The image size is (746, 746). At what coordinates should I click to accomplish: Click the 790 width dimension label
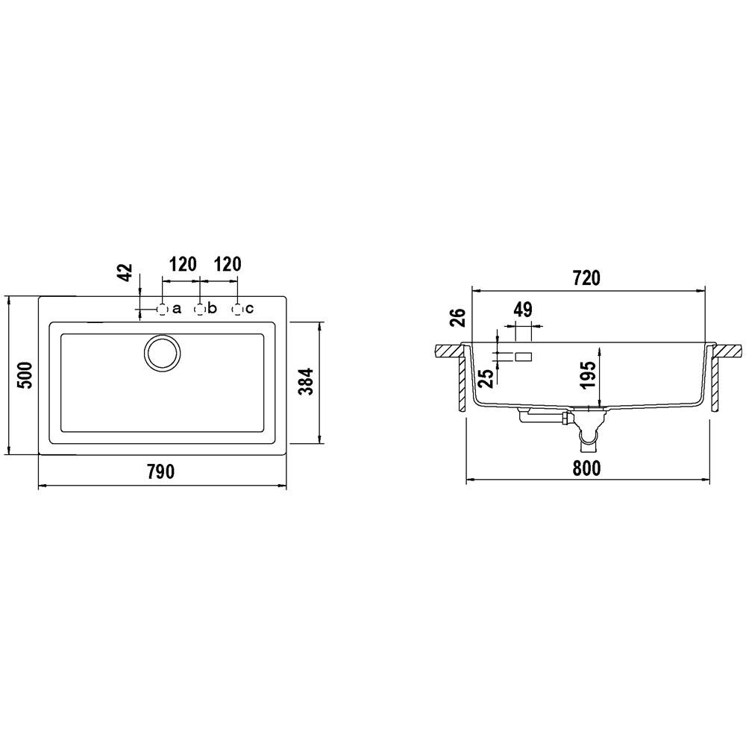tap(161, 471)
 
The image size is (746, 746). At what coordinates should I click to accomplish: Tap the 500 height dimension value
tap(25, 375)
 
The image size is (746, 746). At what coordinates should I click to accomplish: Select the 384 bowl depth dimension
tap(307, 381)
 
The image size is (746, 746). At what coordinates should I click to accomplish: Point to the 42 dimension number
tap(125, 272)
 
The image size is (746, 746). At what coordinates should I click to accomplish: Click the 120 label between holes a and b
tap(184, 264)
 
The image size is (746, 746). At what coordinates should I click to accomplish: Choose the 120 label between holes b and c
tap(228, 264)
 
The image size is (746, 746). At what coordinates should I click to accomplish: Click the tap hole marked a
tap(162, 310)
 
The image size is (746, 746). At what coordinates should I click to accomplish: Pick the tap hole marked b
tap(200, 310)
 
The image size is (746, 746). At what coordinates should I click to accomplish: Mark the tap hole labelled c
tap(237, 310)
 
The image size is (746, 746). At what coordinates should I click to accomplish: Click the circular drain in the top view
tap(162, 353)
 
